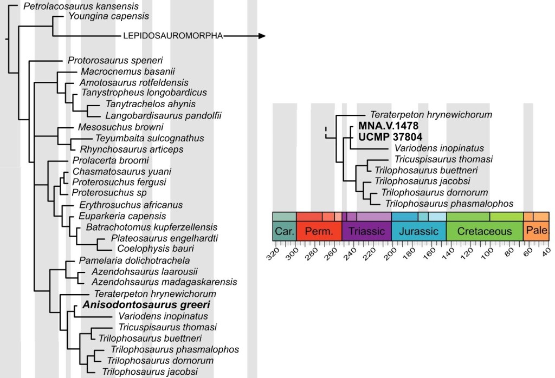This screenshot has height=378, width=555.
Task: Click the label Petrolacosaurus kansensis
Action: [x=81, y=6]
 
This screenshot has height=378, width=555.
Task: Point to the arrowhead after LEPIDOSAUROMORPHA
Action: [x=262, y=36]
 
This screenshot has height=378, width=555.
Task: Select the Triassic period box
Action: [x=366, y=231]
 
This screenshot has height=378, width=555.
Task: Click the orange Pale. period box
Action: [x=536, y=231]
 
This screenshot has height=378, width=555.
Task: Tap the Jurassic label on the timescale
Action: [x=418, y=231]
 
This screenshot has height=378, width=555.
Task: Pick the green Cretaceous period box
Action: [x=485, y=231]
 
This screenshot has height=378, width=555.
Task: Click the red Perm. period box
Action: [x=319, y=231]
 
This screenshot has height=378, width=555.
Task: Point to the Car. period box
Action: [x=284, y=231]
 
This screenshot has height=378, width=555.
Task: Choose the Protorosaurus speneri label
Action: [x=115, y=60]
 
